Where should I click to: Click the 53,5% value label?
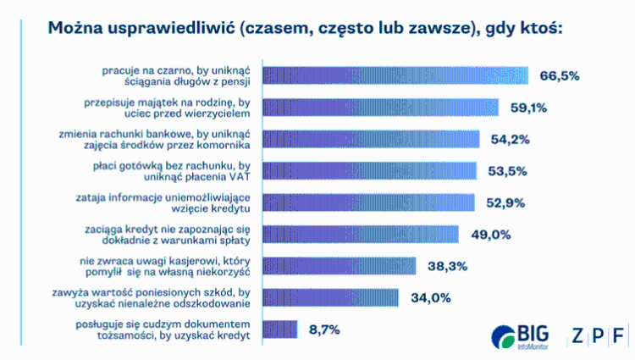pos(508,170)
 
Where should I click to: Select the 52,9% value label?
pos(506,202)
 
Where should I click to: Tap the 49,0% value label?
pos(489,234)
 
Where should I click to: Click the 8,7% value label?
pos(325,329)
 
